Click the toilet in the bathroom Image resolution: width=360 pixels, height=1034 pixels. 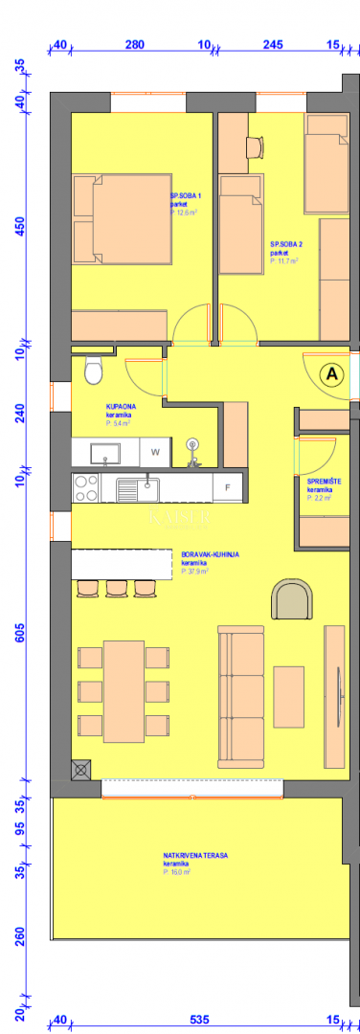point(93,368)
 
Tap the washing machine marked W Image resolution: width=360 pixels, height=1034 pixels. point(153,451)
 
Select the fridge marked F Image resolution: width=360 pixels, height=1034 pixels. point(227,488)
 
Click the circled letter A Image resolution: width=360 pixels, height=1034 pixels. point(332,375)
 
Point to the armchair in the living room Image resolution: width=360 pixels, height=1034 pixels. point(291,600)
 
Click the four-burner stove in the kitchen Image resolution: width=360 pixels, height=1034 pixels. point(86,488)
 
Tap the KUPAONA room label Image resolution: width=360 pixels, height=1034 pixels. point(121,407)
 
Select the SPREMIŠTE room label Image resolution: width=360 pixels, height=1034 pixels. point(320,482)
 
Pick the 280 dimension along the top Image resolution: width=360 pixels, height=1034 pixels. point(135,45)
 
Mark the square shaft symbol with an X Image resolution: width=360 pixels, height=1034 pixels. point(80,767)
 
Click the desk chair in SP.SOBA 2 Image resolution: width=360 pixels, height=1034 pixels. point(254,146)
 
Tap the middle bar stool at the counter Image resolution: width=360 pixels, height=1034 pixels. point(117,586)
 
